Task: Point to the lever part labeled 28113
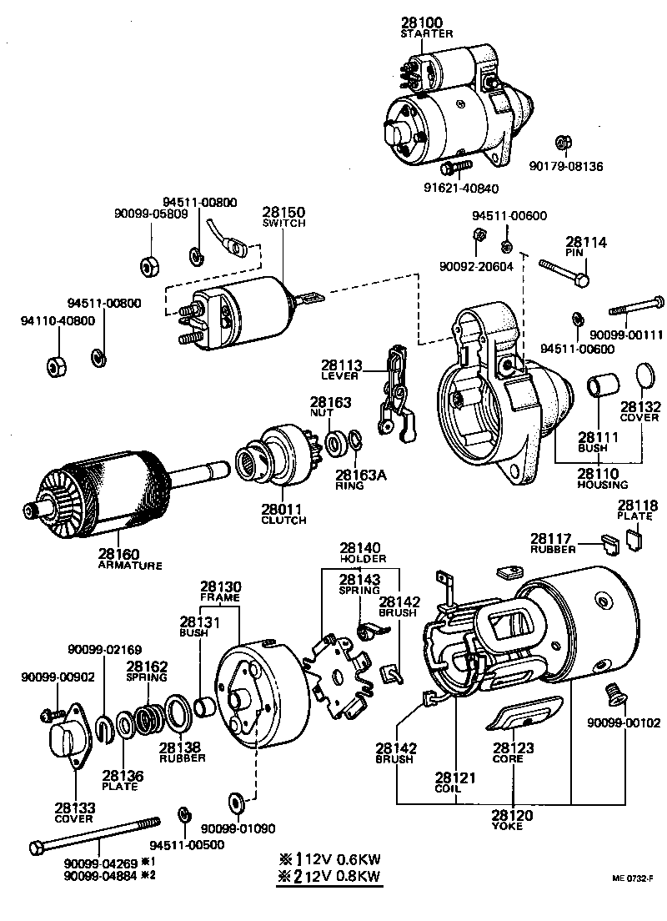point(394,393)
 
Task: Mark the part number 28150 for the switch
point(283,214)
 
